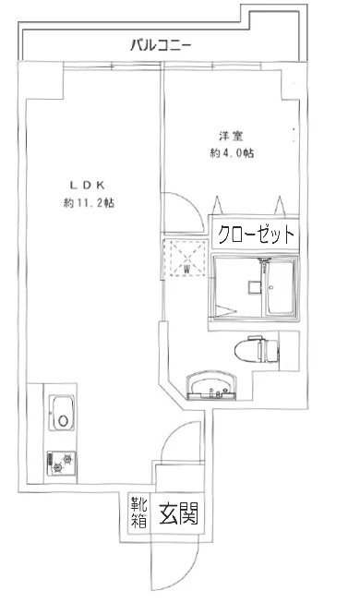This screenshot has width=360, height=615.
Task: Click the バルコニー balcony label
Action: [161, 43]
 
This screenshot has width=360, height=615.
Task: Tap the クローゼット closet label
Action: [255, 235]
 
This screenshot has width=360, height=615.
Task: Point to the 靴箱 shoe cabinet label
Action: [138, 512]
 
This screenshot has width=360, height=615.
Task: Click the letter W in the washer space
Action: [186, 268]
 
